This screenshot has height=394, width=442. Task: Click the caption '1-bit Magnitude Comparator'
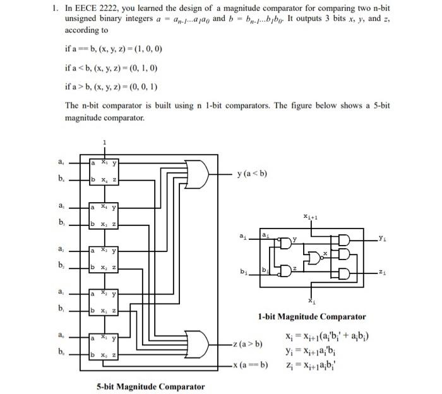tap(311, 316)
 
